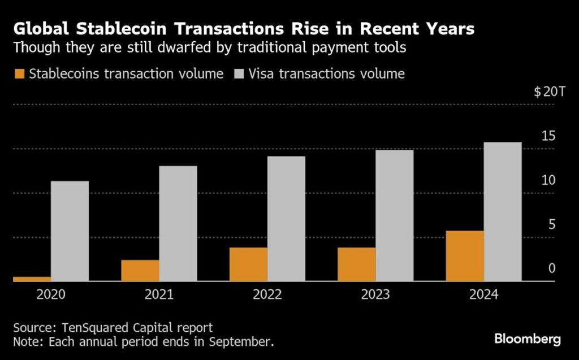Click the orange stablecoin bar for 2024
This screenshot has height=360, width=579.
click(x=465, y=256)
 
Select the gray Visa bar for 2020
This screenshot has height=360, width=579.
click(x=70, y=231)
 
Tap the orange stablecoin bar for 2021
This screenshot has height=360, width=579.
click(x=140, y=271)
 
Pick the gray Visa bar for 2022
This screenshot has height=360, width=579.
click(x=286, y=219)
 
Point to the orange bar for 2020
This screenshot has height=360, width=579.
click(x=32, y=279)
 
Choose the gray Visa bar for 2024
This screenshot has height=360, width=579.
click(x=503, y=211)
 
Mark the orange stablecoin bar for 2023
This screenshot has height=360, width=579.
click(x=356, y=264)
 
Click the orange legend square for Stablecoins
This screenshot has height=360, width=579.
click(x=19, y=74)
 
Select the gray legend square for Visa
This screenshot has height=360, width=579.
click(x=239, y=74)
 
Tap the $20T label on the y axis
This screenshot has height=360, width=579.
click(x=549, y=92)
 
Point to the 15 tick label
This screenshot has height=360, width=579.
click(x=548, y=136)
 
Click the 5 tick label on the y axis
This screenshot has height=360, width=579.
click(x=552, y=224)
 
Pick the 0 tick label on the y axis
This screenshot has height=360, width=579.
click(x=552, y=268)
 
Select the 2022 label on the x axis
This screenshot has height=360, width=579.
click(x=267, y=294)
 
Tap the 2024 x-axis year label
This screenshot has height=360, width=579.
click(x=484, y=294)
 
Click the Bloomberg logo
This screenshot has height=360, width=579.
click(x=528, y=339)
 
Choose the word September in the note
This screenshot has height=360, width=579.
click(x=241, y=342)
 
